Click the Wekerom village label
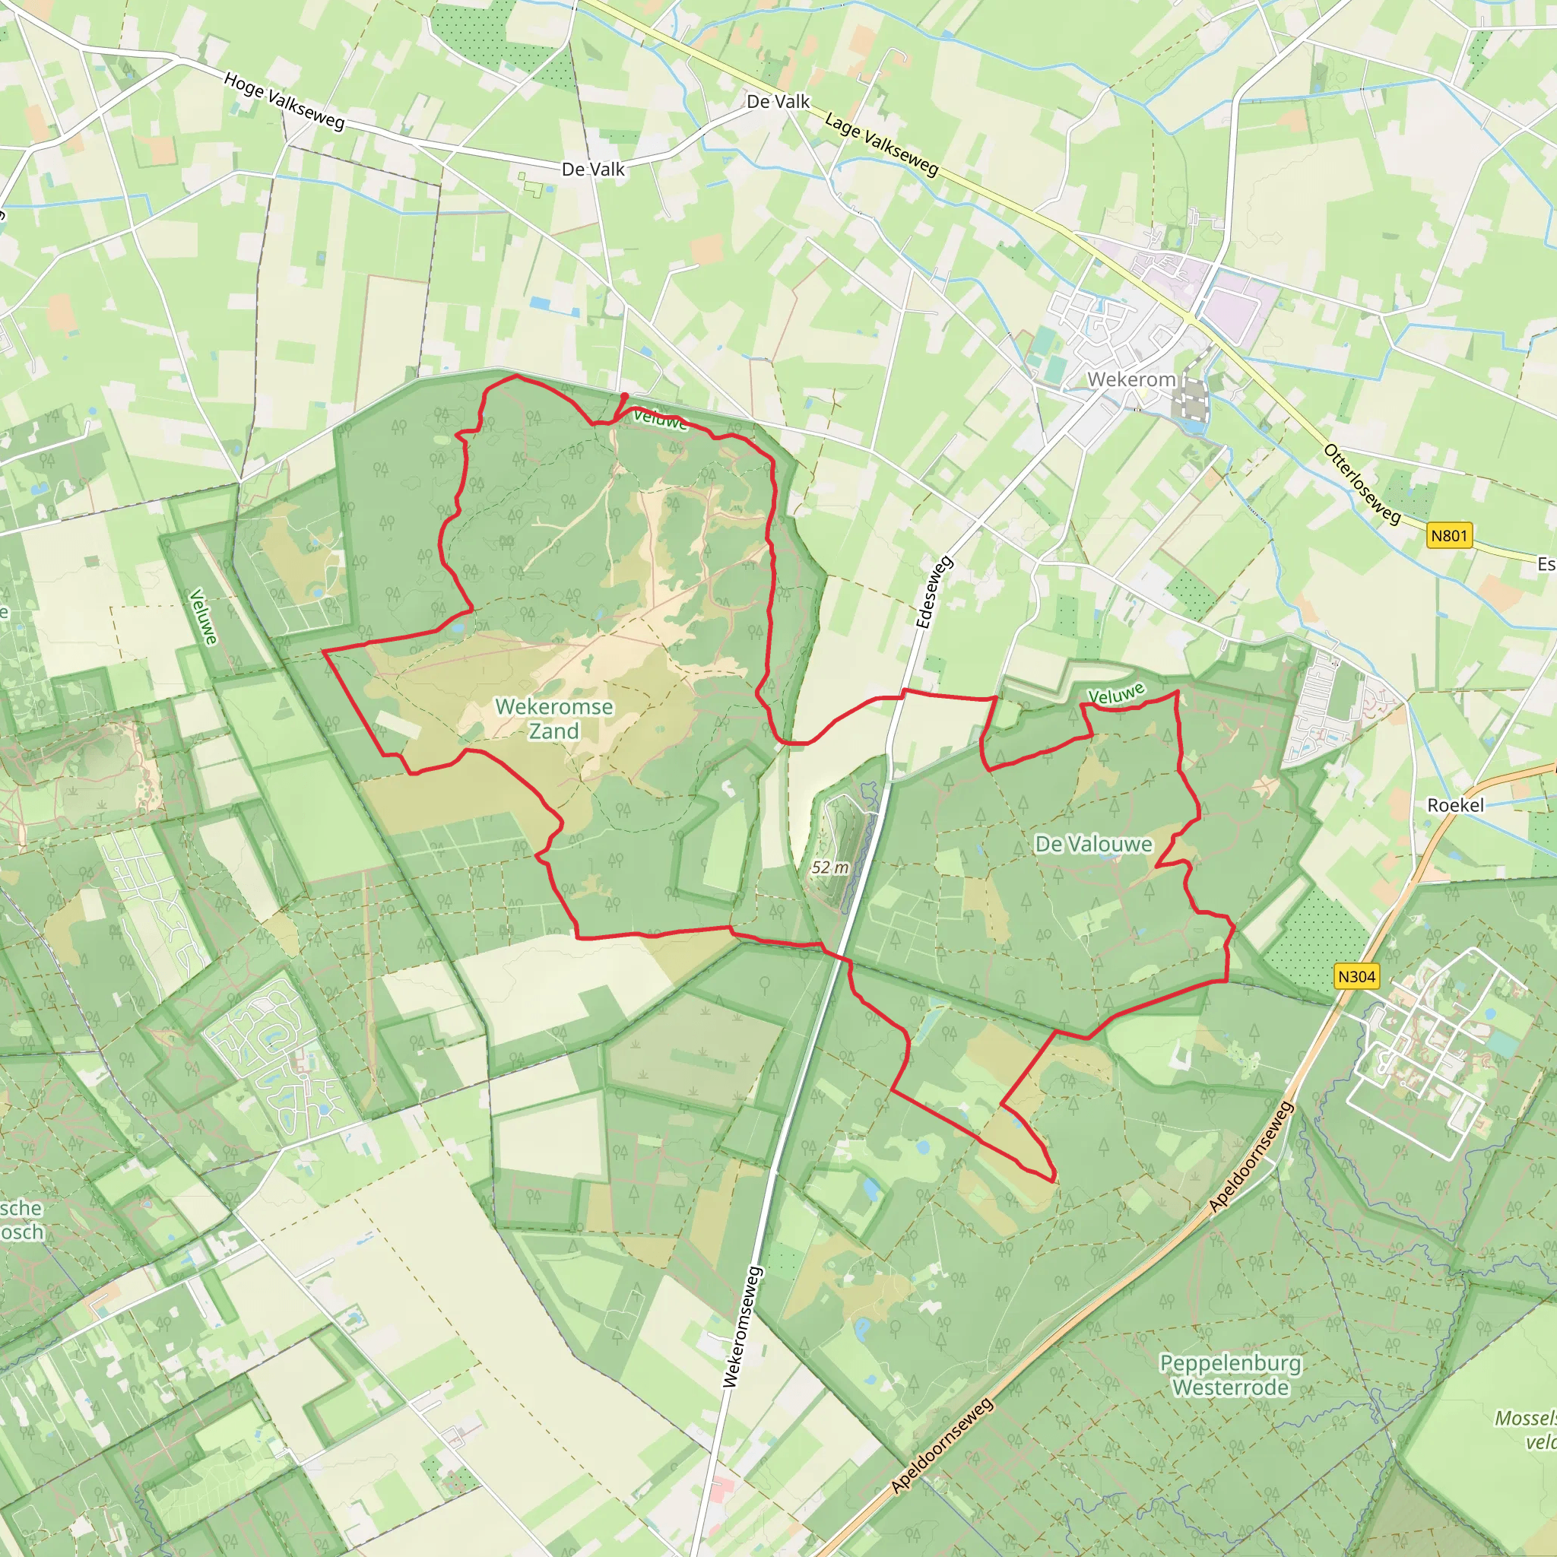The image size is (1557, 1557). [1130, 379]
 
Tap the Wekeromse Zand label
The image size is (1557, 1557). [553, 719]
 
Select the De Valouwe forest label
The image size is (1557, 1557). [1093, 844]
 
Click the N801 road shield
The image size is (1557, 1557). [1449, 536]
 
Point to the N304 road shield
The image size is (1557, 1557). [1356, 977]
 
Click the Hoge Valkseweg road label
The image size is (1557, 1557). [284, 102]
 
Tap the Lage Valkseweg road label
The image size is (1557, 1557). [882, 145]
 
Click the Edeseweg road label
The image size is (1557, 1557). [934, 592]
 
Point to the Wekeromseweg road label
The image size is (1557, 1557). [741, 1327]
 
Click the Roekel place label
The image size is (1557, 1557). [1454, 805]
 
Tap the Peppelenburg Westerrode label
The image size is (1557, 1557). [1230, 1375]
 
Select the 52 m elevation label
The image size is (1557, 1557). [829, 868]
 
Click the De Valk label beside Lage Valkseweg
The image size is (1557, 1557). [778, 102]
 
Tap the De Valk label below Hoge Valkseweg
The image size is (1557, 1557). [593, 170]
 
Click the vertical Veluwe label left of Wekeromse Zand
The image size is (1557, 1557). [203, 617]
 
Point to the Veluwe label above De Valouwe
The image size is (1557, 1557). [1115, 694]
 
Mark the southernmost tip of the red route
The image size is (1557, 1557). [1053, 1182]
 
